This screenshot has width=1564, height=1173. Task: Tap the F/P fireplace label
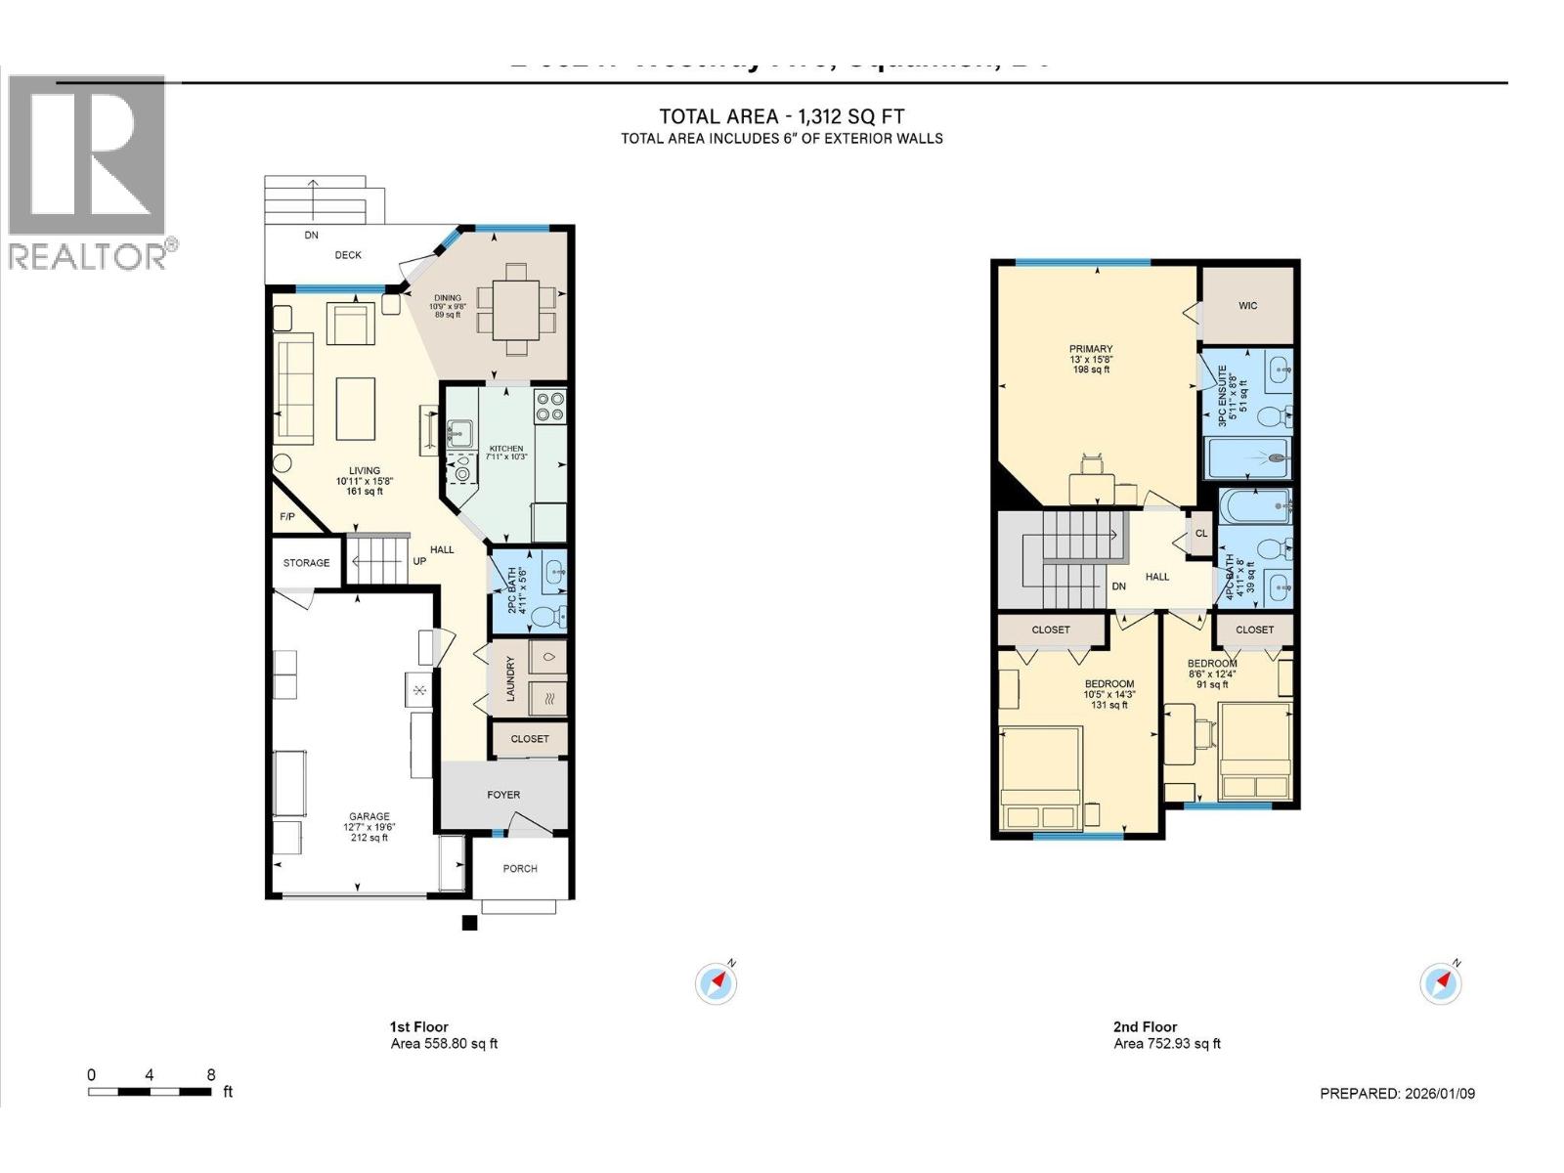pos(287,517)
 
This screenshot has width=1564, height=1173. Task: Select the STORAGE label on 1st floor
pos(306,563)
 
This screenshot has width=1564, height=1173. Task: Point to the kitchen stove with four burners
pos(549,406)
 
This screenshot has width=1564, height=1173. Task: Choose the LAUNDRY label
pos(509,678)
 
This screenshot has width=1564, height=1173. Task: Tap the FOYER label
pos(503,796)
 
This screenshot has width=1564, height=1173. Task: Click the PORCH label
pos(520,869)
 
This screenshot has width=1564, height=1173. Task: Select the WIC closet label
pos(1247,306)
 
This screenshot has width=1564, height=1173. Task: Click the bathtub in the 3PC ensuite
pos(1251,457)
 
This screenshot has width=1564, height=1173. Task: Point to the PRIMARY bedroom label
pos(1091,349)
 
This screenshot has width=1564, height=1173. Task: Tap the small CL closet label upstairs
pos(1201,534)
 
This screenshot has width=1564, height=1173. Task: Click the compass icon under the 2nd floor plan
pos(1440,983)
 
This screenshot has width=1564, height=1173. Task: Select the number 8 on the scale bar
pos(211,1074)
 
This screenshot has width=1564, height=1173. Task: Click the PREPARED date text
pos(1397,1094)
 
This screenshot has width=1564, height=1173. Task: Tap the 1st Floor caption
pos(418,1027)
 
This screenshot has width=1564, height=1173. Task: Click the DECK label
pos(348,255)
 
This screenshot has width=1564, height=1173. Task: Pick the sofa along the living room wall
pos(293,391)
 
